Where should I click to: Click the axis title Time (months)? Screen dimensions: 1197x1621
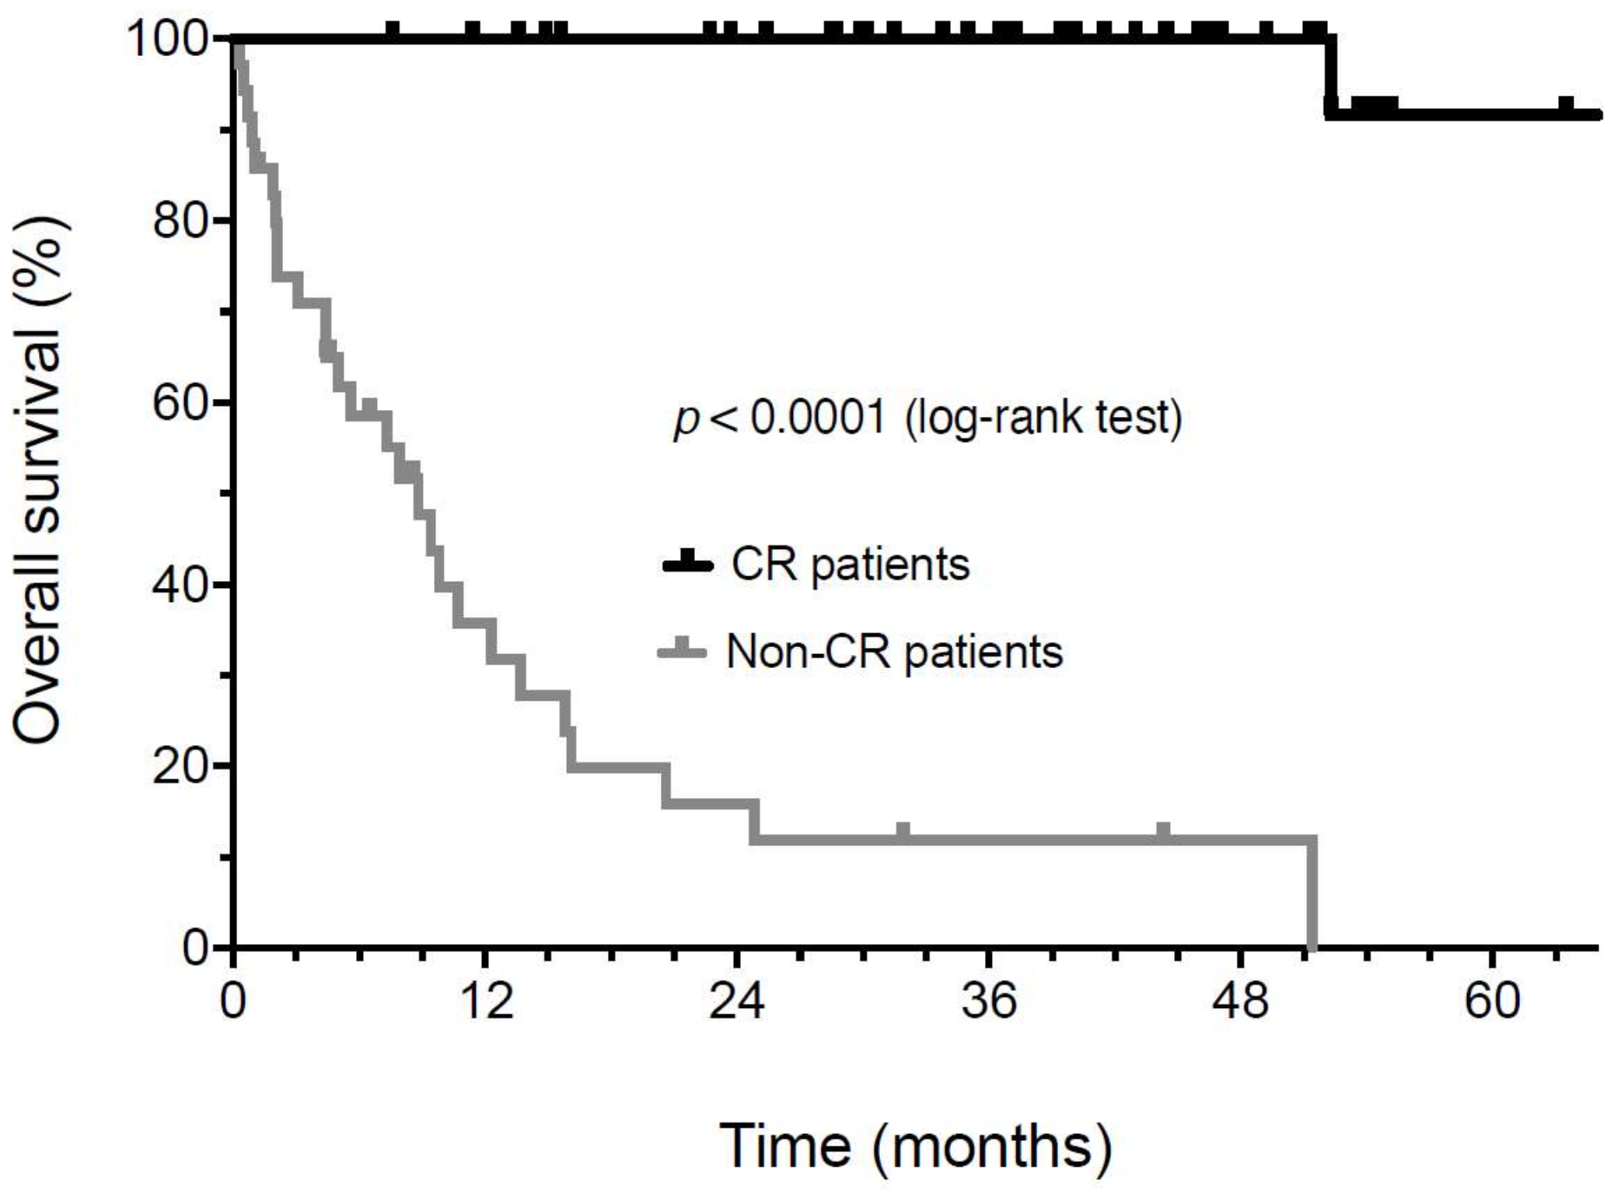[915, 1145]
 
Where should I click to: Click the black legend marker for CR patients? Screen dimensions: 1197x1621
[687, 563]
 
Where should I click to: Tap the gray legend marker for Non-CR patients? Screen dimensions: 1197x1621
[682, 650]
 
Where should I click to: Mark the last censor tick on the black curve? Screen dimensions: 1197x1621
[1566, 106]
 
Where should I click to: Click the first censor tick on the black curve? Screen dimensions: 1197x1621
[393, 30]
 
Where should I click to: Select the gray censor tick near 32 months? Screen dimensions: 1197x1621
[903, 831]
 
